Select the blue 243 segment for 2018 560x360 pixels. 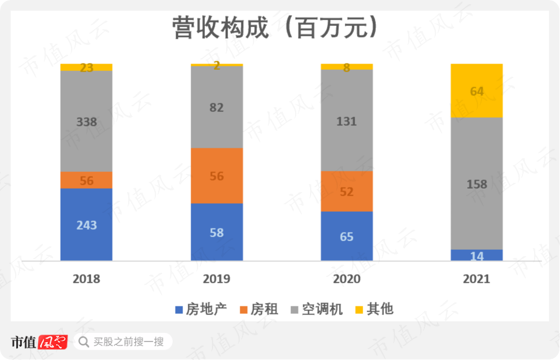click(87, 224)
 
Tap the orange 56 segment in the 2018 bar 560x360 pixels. click(87, 180)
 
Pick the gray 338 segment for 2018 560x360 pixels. click(87, 121)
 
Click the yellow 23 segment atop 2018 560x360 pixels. click(87, 67)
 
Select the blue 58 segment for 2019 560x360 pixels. click(216, 232)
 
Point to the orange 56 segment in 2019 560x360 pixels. click(216, 176)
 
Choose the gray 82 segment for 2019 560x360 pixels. click(216, 107)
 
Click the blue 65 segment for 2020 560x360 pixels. click(347, 237)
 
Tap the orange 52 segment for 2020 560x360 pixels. click(347, 192)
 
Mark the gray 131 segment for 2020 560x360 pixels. click(347, 121)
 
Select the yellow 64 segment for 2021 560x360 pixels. click(477, 91)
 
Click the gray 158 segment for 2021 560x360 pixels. click(477, 184)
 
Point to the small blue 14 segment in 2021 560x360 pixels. click(477, 256)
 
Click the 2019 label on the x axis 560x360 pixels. click(216, 279)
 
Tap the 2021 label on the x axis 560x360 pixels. click(477, 279)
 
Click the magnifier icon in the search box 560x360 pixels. click(84, 342)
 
